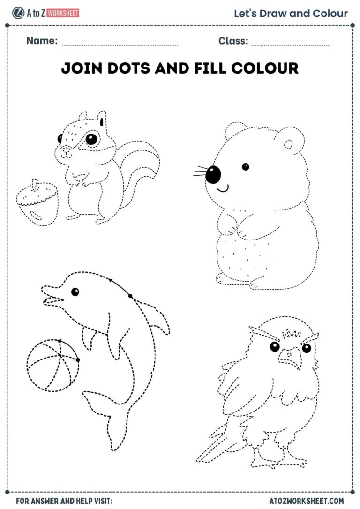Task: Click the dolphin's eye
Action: (x=75, y=292)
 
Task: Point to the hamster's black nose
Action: (x=213, y=174)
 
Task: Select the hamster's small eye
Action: (x=245, y=166)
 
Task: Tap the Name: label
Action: (x=42, y=41)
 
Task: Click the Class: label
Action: (x=233, y=41)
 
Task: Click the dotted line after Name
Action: (x=120, y=45)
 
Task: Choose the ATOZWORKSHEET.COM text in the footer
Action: (x=307, y=501)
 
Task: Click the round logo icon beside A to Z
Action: (x=18, y=13)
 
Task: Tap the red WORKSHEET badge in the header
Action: (x=63, y=13)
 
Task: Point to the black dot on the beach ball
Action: (x=78, y=360)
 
